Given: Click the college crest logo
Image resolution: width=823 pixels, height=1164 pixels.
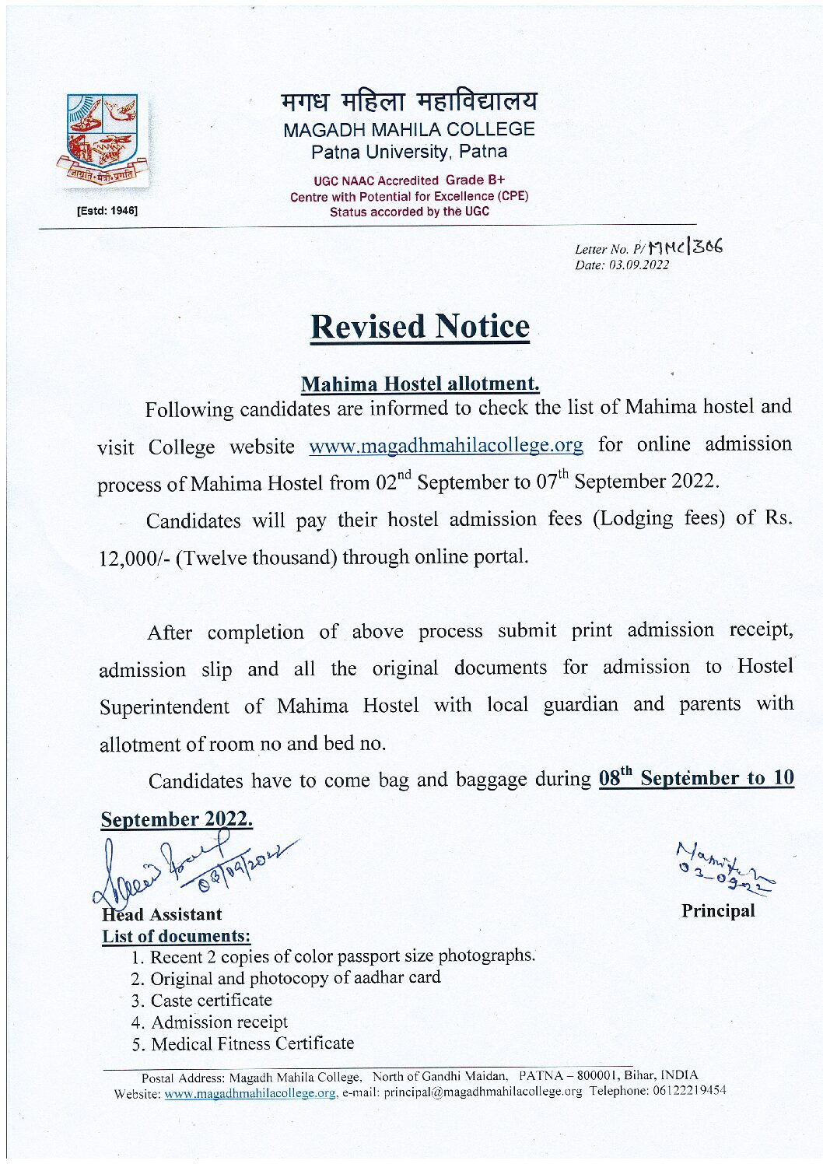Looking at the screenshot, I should (102, 142).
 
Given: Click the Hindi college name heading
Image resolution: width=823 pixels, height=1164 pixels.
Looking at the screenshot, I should (409, 101).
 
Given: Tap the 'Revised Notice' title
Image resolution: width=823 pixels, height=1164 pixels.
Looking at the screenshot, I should (420, 327).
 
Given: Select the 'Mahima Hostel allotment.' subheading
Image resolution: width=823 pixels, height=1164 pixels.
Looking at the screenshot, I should (420, 384).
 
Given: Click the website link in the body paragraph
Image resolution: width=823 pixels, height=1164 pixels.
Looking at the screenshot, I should (446, 446).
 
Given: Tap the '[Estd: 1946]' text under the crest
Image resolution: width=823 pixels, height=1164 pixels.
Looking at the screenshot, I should (107, 211).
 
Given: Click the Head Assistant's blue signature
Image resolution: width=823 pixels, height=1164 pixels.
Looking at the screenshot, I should (187, 865).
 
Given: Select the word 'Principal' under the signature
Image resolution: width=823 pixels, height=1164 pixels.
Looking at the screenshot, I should (718, 910).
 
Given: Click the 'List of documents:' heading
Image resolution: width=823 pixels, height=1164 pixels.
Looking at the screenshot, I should (177, 936).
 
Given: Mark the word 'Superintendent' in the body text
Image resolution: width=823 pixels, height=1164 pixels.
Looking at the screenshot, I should (164, 706).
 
